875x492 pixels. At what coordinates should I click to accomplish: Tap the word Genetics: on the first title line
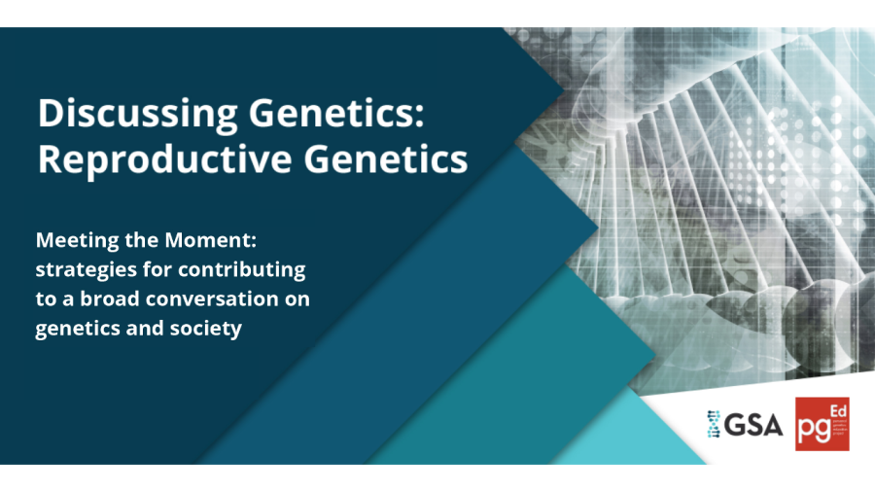[x=326, y=115]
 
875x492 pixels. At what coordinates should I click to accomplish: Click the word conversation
[x=222, y=299]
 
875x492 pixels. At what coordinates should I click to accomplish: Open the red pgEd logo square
[x=822, y=424]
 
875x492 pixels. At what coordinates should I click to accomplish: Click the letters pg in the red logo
[x=814, y=429]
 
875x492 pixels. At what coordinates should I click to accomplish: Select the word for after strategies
[x=151, y=269]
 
